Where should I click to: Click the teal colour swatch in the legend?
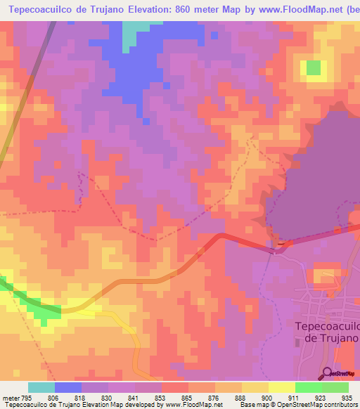(x=41, y=387)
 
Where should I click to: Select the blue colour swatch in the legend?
(x=68, y=387)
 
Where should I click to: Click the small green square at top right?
(x=313, y=68)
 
